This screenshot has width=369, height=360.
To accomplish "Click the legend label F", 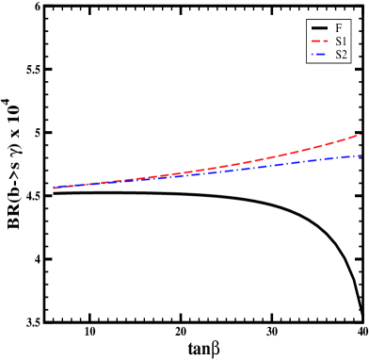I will click(x=339, y=28).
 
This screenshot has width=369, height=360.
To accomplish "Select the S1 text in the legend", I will click(x=341, y=41).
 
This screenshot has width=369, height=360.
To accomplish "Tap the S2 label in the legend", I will click(x=341, y=55).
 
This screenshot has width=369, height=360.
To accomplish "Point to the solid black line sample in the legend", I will click(x=319, y=28).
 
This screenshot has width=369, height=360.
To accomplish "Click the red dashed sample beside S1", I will click(x=319, y=41).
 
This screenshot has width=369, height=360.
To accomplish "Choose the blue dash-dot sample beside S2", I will click(x=319, y=55).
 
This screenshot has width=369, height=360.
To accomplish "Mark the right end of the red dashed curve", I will click(x=361, y=135).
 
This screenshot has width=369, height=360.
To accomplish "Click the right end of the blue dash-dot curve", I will click(x=361, y=155).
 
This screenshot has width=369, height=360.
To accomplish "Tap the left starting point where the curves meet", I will click(x=54, y=188).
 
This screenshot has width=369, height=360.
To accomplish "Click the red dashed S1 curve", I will click(x=282, y=155).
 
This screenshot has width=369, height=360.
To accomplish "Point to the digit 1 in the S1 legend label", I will click(x=344, y=41).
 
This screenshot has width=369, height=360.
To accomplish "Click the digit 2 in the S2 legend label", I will click(x=345, y=55).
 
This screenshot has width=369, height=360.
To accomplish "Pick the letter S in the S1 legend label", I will click(x=338, y=41).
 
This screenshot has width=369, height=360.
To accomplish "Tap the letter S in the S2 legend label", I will click(x=338, y=55).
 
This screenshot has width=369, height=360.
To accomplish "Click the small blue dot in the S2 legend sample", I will click(x=319, y=55).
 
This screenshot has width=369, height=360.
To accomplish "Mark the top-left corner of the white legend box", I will click(x=307, y=20).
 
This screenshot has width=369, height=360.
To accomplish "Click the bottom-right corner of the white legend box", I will click(x=350, y=63).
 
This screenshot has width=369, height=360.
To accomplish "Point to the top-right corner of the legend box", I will click(x=350, y=20).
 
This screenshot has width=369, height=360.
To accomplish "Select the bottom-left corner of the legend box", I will click(x=307, y=63).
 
